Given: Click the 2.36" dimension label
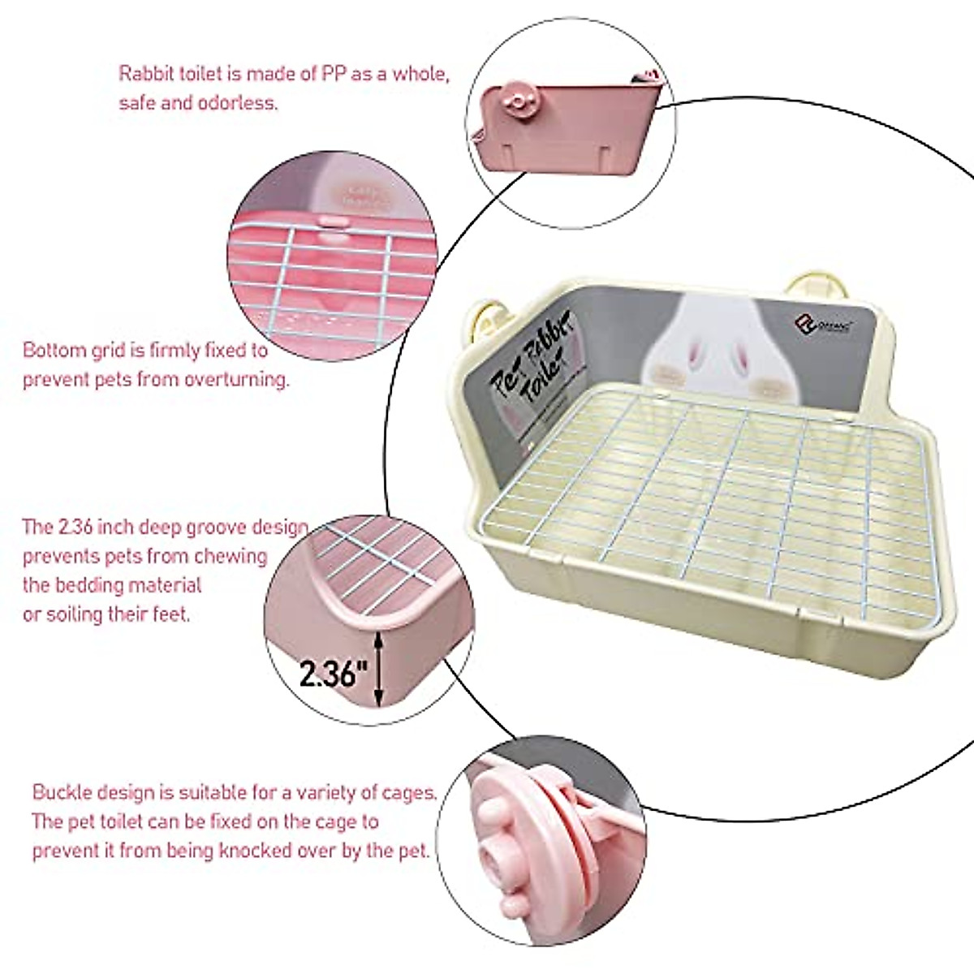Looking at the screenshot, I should [x=334, y=673].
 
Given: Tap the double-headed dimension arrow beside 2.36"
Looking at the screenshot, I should [x=379, y=670].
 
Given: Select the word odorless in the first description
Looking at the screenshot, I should [x=239, y=103].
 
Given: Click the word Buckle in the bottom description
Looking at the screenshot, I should [x=62, y=791].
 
